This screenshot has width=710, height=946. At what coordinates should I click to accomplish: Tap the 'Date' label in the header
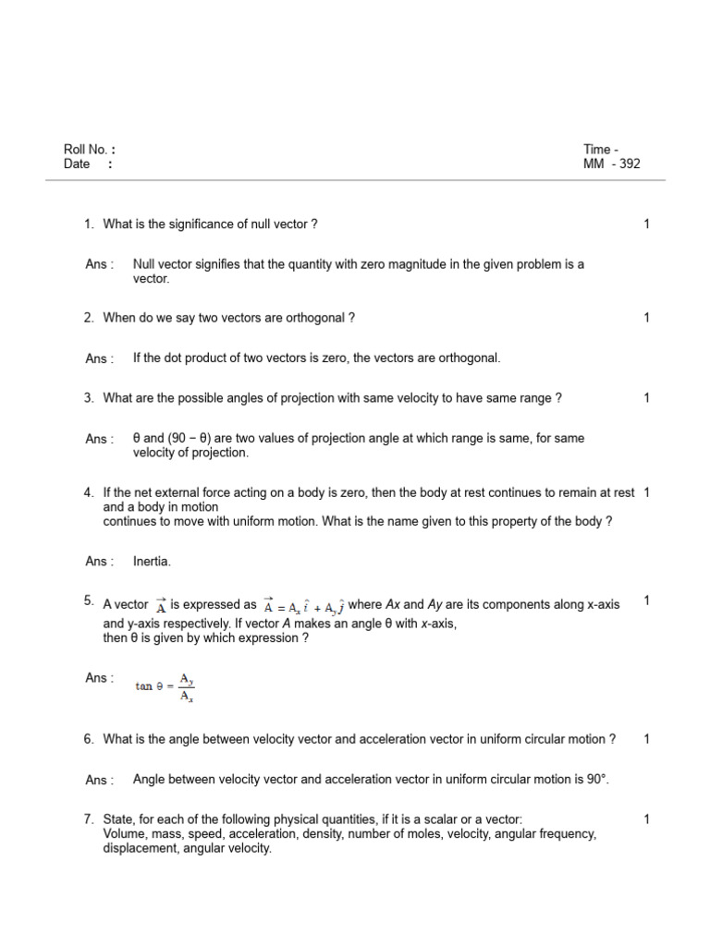point(77,164)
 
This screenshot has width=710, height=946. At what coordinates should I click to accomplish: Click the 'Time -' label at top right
point(601,150)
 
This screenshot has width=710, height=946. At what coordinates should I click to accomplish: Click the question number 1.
point(89,224)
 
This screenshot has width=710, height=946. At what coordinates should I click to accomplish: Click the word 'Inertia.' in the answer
point(153,561)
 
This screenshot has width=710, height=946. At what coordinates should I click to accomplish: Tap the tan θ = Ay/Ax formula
point(165,686)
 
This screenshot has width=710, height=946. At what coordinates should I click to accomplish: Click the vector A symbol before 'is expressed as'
point(160,606)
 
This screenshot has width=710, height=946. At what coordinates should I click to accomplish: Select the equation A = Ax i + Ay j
point(304,606)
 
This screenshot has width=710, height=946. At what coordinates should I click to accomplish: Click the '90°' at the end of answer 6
point(597,780)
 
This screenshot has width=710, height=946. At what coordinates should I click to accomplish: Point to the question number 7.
point(89,819)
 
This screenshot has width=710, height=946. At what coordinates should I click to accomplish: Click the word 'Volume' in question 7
point(124,834)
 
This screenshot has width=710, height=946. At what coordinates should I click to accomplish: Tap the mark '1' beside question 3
point(647,398)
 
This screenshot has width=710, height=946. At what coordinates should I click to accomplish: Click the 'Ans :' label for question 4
point(99,561)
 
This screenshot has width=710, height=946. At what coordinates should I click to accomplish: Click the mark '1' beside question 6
point(647,739)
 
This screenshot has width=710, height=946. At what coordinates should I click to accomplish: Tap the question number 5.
point(89,601)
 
